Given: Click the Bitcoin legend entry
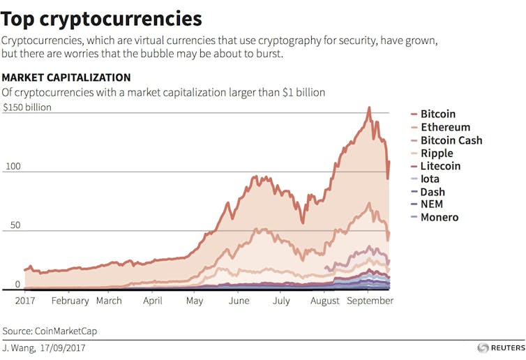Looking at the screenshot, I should pos(437,114).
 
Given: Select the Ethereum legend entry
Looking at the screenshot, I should pos(445,128).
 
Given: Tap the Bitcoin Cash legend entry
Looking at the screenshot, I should pos(451,140).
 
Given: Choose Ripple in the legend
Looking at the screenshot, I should pos(437,153).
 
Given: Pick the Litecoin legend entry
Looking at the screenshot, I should pos(440,166).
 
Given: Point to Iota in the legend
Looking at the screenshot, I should pos(430,179).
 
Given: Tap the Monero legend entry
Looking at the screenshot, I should pos(439,218).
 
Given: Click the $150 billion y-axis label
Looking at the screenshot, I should pos(27,108).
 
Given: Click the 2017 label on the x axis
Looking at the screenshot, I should pos(26,301).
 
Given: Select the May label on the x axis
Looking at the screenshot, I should pos(195,301).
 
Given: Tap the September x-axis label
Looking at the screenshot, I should pos(370,301).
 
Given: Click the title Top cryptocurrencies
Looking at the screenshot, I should pos(102,18).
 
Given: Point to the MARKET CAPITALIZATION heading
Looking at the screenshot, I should pos(66,77).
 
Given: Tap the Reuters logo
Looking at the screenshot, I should pos(500,347).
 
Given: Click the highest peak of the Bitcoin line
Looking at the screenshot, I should pos(369,107).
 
